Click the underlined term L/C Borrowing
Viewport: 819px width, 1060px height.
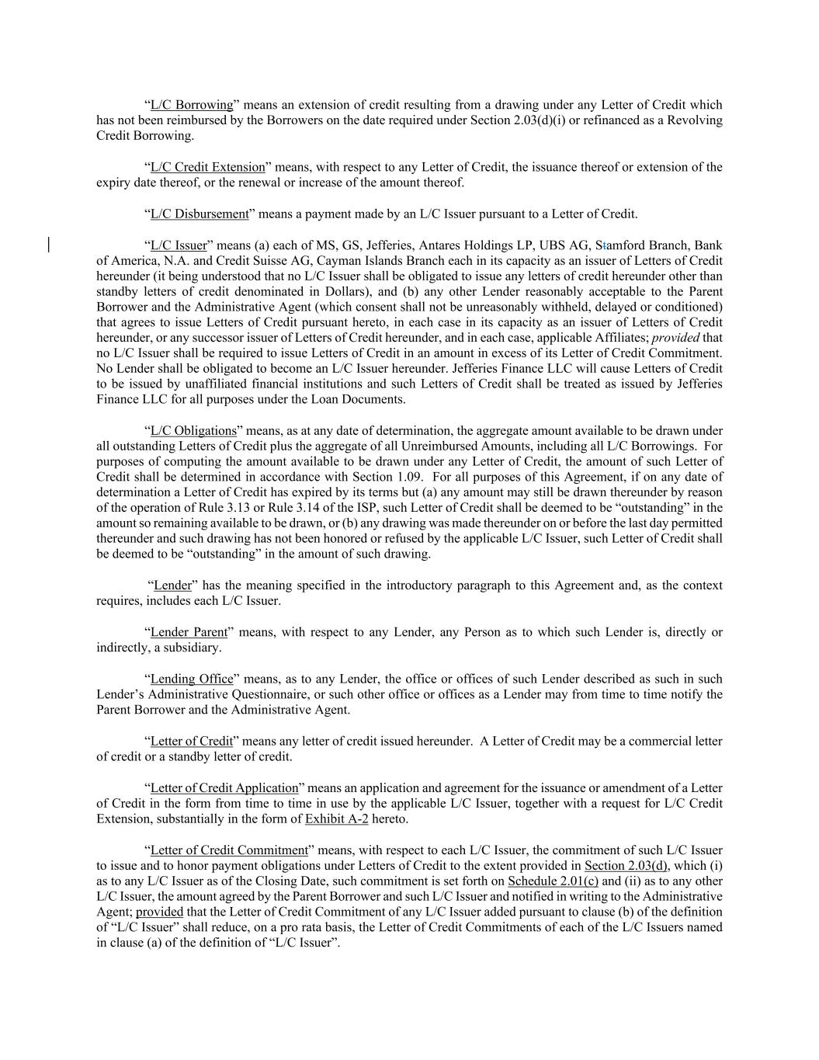pos(191,105)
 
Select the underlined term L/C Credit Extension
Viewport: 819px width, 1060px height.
pos(207,167)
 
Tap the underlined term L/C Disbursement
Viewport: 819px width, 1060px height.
pos(200,214)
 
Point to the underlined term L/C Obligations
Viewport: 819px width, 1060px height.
pos(193,430)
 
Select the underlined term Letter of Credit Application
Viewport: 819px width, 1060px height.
pos(224,787)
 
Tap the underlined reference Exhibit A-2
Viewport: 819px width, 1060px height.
pos(336,818)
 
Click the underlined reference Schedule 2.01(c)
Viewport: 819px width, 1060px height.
pos(553,881)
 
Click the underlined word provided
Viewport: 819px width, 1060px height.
pos(159,912)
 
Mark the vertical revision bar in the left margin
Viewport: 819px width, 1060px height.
pos(50,245)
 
